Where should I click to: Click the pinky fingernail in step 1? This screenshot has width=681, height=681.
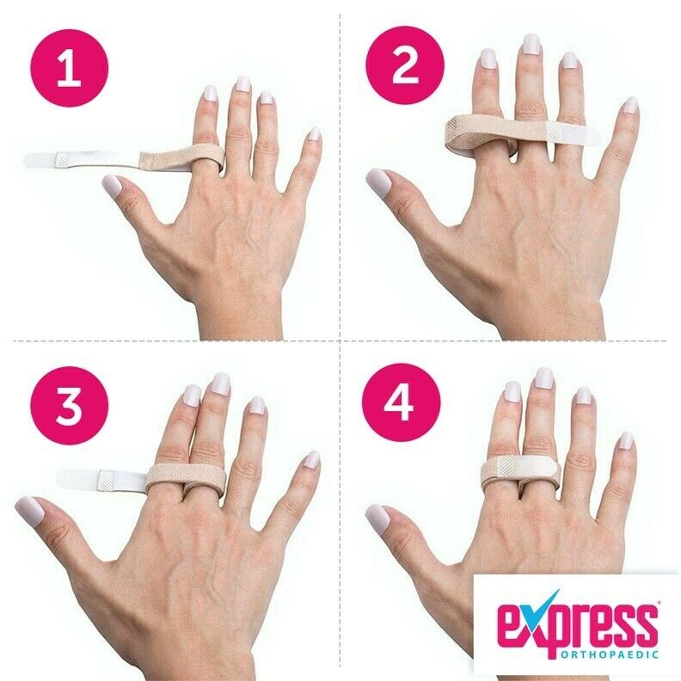(x=314, y=134)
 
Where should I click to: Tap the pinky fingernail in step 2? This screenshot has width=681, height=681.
(x=630, y=105)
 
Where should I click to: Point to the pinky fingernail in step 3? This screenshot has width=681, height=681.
(x=311, y=459)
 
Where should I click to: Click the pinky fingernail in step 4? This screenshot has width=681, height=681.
(x=626, y=440)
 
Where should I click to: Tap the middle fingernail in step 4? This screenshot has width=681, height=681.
(x=543, y=377)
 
